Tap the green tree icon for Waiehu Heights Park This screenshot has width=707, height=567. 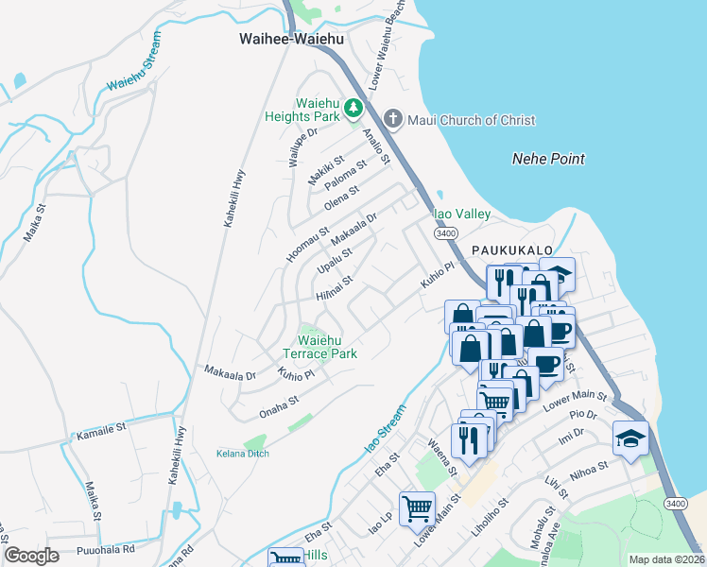353,109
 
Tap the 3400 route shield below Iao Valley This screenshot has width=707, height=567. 446,232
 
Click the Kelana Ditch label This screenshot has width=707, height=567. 242,454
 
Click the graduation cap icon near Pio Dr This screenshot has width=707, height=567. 630,437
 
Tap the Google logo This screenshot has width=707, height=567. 31,556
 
